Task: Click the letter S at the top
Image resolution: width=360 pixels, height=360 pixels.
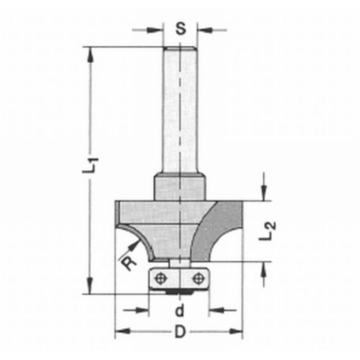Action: coord(180,29)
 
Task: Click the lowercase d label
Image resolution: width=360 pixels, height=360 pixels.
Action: coord(179,310)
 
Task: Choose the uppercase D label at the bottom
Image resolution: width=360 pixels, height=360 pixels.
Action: coord(179,333)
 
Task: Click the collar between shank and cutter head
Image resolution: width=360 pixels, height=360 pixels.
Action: coord(179,187)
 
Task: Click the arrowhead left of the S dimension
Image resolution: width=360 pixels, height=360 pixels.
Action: coord(157,29)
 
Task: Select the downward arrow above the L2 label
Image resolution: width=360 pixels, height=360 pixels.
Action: coord(264,195)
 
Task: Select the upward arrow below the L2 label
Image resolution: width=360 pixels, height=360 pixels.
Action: coord(264,267)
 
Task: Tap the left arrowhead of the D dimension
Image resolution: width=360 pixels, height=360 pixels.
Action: coord(120,331)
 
